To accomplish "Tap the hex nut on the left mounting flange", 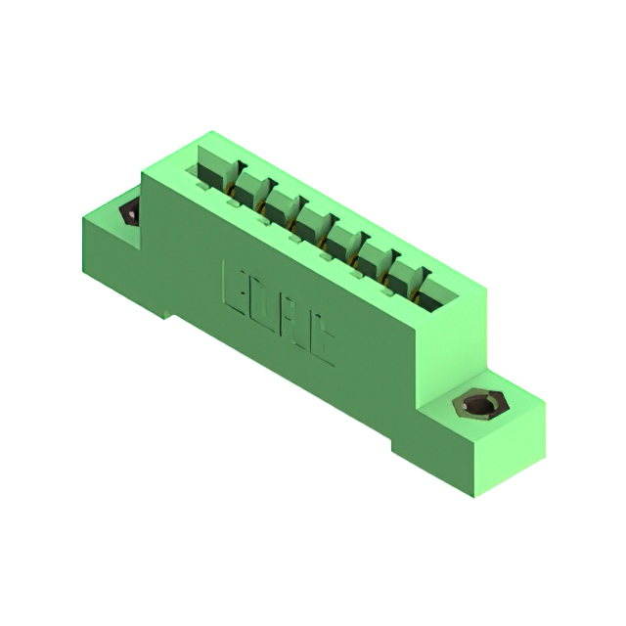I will point(127,215).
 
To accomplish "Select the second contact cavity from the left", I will point(247,187).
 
